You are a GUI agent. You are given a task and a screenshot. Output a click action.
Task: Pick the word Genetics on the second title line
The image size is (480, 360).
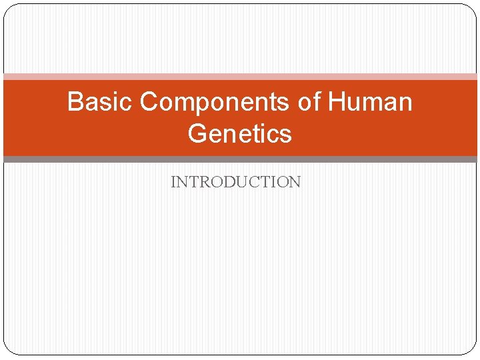240,134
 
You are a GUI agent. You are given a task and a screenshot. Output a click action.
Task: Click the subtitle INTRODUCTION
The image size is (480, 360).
236,182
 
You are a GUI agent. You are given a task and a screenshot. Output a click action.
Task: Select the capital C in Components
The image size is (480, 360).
149,103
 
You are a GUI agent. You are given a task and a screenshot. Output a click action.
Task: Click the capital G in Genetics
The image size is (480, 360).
198,134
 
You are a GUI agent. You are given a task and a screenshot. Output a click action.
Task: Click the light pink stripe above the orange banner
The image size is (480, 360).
240,77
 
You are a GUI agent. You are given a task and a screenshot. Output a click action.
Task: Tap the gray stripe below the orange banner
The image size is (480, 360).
240,159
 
